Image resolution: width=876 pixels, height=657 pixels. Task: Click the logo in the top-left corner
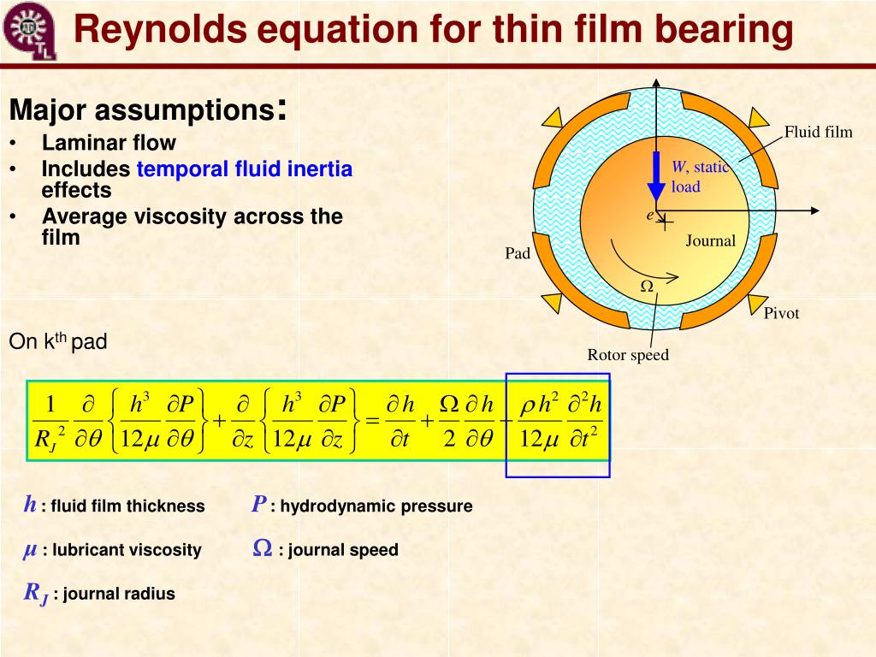pyautogui.click(x=29, y=31)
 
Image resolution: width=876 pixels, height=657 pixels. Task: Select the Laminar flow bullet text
pyautogui.click(x=109, y=143)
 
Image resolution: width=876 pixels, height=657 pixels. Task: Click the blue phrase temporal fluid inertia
pyautogui.click(x=245, y=169)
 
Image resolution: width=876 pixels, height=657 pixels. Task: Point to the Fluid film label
pyautogui.click(x=819, y=132)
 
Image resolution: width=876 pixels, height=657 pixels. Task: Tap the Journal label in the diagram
pyautogui.click(x=710, y=241)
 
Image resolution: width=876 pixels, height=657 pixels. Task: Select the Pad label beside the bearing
pyautogui.click(x=518, y=253)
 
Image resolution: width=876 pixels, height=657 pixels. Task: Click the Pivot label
pyautogui.click(x=781, y=313)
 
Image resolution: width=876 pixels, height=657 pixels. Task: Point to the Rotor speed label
pyautogui.click(x=628, y=355)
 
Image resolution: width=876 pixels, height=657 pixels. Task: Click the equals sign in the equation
pyautogui.click(x=371, y=421)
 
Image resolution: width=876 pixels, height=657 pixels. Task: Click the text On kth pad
pyautogui.click(x=57, y=343)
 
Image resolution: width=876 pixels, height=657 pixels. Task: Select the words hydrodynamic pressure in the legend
pyautogui.click(x=376, y=506)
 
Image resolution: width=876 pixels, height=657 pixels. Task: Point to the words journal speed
pyautogui.click(x=343, y=550)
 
